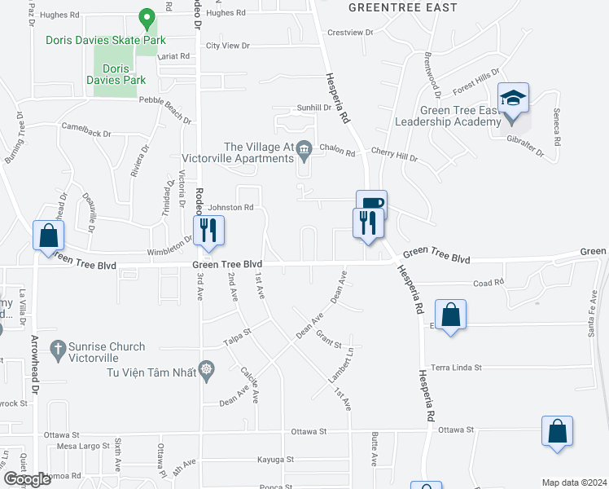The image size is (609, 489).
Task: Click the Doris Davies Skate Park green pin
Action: coord(147,16)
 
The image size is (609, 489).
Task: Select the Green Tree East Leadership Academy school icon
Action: coord(514,99)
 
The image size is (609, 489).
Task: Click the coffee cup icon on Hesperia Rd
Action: coord(371,203)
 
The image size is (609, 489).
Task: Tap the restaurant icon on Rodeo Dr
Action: coord(208,230)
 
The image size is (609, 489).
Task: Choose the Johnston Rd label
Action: coord(230,208)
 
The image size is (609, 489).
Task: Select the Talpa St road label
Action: coord(236,333)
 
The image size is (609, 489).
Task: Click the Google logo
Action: coord(27,479)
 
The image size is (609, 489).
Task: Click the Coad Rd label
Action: coord(489,282)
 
